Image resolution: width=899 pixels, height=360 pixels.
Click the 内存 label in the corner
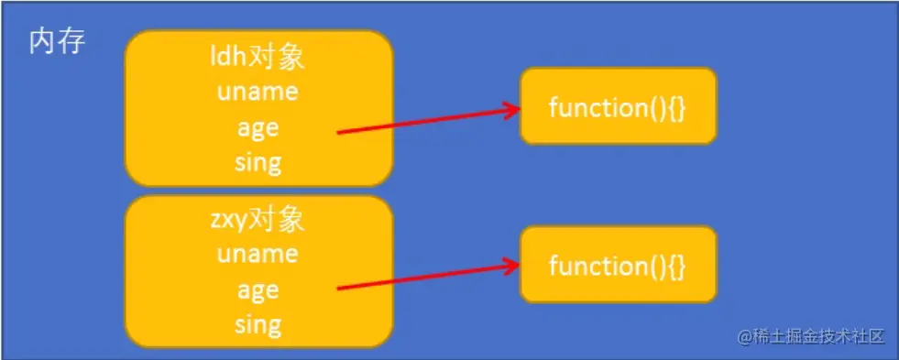[57, 43]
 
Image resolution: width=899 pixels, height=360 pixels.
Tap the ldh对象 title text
[258, 59]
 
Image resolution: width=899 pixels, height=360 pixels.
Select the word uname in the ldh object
[258, 93]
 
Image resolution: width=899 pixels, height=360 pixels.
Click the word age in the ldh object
[258, 127]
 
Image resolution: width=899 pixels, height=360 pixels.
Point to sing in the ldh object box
[258, 162]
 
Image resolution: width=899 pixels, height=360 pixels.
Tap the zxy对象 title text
[258, 220]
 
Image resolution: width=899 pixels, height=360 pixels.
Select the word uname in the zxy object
[258, 254]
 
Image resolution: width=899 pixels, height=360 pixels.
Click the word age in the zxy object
[258, 289]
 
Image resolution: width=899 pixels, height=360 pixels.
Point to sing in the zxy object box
[258, 323]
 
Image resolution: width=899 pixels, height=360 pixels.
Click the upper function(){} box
[618, 106]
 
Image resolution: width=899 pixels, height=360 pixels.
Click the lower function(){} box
[618, 265]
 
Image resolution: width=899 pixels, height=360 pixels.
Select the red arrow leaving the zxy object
[422, 278]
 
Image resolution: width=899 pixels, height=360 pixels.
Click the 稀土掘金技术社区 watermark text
[821, 336]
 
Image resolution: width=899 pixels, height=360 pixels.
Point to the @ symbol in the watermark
[745, 336]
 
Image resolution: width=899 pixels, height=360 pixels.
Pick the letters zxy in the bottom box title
[228, 220]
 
